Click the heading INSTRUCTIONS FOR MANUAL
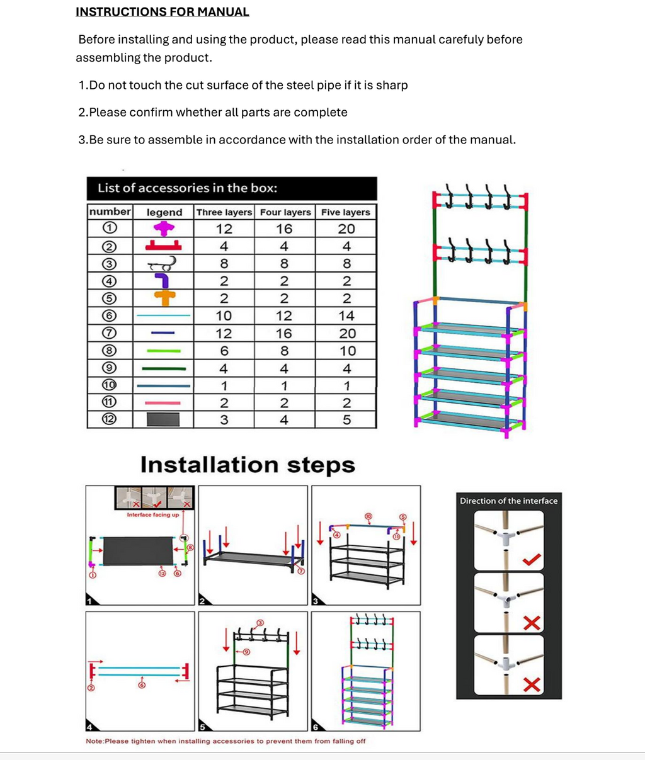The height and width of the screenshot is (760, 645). (162, 12)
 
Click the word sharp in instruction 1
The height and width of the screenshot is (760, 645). (392, 85)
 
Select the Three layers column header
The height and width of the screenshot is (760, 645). (224, 212)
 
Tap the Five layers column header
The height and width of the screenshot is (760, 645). (345, 212)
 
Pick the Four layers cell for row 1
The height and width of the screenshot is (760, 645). (284, 229)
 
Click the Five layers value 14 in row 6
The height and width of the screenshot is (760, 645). (346, 316)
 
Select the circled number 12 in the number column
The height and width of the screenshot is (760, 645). (110, 419)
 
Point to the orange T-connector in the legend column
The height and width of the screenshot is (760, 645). (163, 298)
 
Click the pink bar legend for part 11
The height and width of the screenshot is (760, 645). (163, 403)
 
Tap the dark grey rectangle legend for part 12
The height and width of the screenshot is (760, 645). (163, 419)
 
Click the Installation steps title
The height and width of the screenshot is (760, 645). (248, 465)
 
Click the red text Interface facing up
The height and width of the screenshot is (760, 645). (152, 514)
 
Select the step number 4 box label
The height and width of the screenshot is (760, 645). (89, 727)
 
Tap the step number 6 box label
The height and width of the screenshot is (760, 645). (315, 727)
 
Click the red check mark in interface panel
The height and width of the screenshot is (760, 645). (532, 559)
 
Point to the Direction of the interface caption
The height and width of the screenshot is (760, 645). (508, 501)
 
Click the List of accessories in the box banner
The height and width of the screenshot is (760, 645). (187, 188)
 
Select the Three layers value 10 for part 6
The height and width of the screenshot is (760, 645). (224, 316)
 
